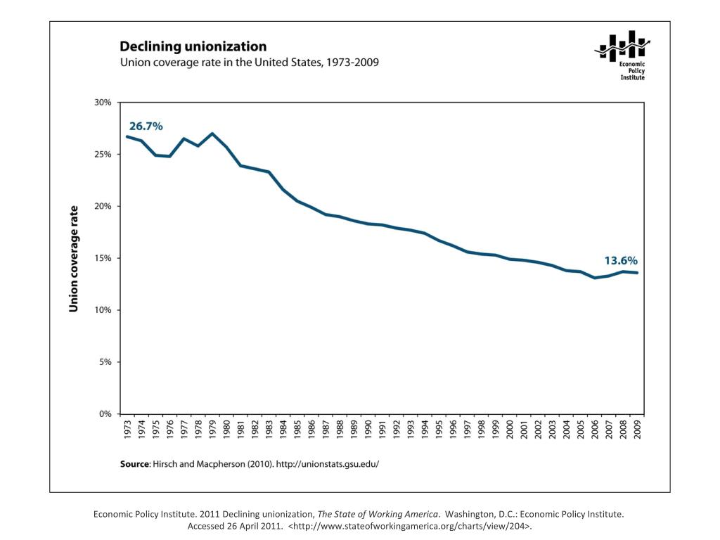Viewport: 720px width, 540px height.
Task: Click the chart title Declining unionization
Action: click(x=193, y=47)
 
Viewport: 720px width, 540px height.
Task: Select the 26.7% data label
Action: click(x=146, y=127)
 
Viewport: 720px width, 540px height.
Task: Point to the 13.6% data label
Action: click(x=621, y=260)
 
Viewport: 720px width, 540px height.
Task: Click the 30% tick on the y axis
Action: click(x=103, y=103)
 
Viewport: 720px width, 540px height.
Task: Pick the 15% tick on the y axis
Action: click(x=103, y=258)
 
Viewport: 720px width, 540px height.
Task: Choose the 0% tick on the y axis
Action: click(x=105, y=414)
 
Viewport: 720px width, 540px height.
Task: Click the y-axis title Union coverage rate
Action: click(x=73, y=258)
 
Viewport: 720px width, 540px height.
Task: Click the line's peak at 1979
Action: click(x=212, y=134)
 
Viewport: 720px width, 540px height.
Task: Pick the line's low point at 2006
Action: click(x=595, y=278)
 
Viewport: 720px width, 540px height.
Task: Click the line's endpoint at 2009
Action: click(x=637, y=273)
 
